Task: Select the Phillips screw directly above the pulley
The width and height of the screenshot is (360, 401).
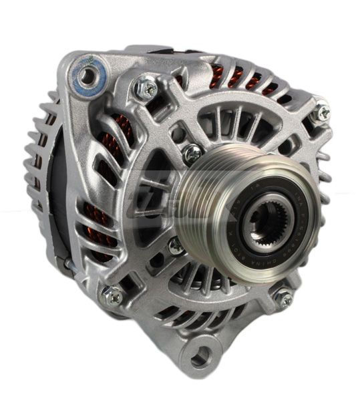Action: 193,152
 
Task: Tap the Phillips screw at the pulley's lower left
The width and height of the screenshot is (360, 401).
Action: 176,245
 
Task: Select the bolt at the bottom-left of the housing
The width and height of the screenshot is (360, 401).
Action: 112,295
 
